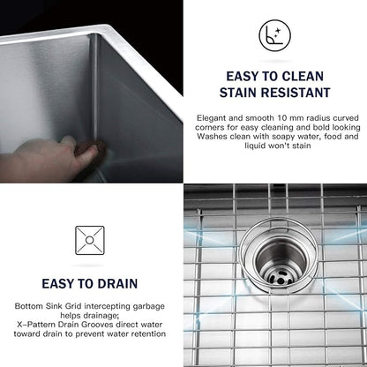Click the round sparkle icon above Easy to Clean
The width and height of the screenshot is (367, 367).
pos(274,35)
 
